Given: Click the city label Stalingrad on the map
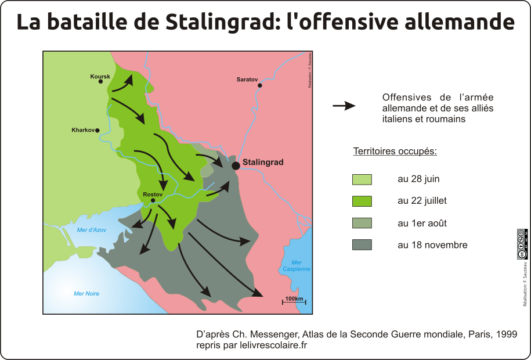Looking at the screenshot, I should click(263, 163).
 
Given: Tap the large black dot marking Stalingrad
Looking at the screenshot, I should click(236, 165).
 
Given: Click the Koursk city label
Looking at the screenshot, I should click(100, 77).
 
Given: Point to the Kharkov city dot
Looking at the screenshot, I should click(97, 131).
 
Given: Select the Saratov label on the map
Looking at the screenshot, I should click(247, 79).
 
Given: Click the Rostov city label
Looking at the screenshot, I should click(151, 194).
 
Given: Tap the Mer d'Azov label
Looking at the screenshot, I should click(92, 231).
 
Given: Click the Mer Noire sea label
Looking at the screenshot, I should click(86, 294).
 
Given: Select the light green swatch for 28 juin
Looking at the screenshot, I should click(362, 179).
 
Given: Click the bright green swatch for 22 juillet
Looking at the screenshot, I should click(362, 201).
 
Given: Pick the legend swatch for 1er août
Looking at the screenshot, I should click(362, 224).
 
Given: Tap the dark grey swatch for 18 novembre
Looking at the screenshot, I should click(362, 245).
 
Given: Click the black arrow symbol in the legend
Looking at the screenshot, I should click(344, 106).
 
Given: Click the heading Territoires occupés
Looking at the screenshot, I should click(395, 152).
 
